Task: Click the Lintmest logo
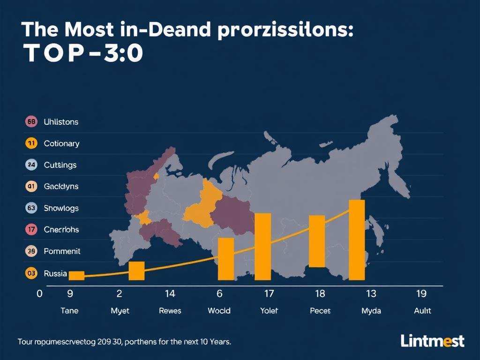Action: [x=432, y=341]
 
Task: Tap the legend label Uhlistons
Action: [x=61, y=122]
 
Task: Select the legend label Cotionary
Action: [x=61, y=143]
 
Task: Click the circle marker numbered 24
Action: [x=31, y=165]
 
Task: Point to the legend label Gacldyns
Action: [x=61, y=187]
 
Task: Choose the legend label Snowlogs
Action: [x=61, y=208]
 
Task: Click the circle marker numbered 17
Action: [x=31, y=230]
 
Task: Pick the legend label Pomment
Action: [x=62, y=251]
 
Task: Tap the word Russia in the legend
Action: [x=55, y=273]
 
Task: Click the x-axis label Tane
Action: [x=70, y=311]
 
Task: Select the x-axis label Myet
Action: [x=120, y=311]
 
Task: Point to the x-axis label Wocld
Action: [x=219, y=311]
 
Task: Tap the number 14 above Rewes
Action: [x=170, y=294]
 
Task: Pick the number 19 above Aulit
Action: [x=421, y=294]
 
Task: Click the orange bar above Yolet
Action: [x=262, y=247]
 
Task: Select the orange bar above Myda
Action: [x=357, y=240]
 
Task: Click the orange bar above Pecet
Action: [x=317, y=241]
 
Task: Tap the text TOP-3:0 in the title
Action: [x=82, y=55]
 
